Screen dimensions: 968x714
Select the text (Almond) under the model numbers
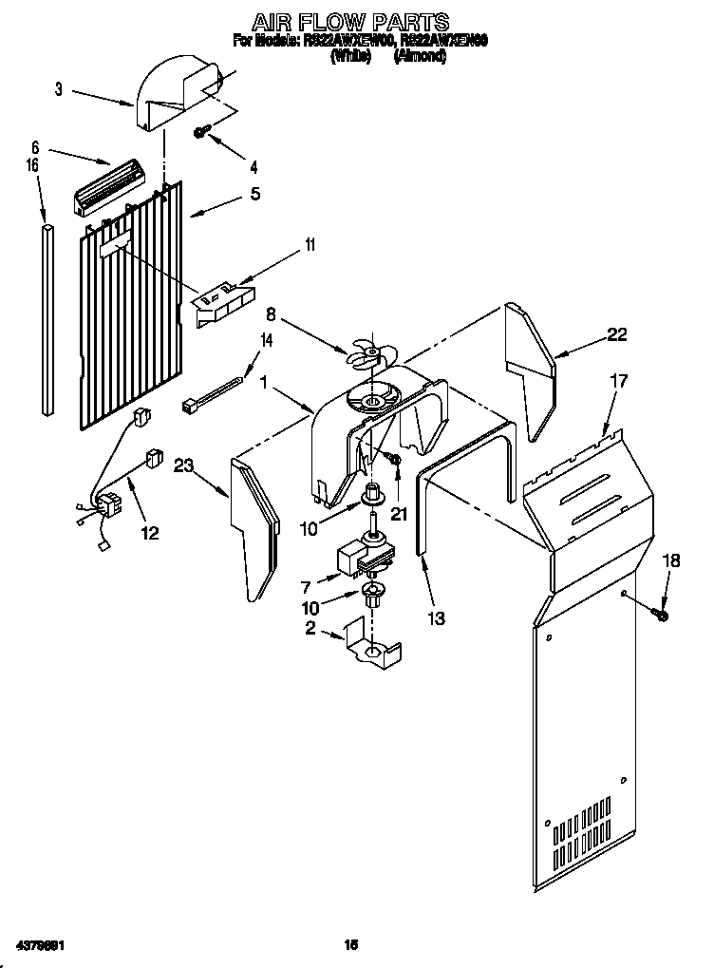coord(419,57)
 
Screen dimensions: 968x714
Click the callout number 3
coord(58,89)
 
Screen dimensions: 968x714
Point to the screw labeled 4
coord(202,133)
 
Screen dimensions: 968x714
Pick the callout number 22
coord(617,335)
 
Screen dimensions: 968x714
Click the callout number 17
coord(618,382)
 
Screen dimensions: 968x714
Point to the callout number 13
coord(436,618)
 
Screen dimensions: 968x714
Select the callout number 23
coord(183,465)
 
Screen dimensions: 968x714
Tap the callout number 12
coord(150,534)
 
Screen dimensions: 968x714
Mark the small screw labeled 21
coord(397,461)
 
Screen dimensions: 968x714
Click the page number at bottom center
coord(350,945)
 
